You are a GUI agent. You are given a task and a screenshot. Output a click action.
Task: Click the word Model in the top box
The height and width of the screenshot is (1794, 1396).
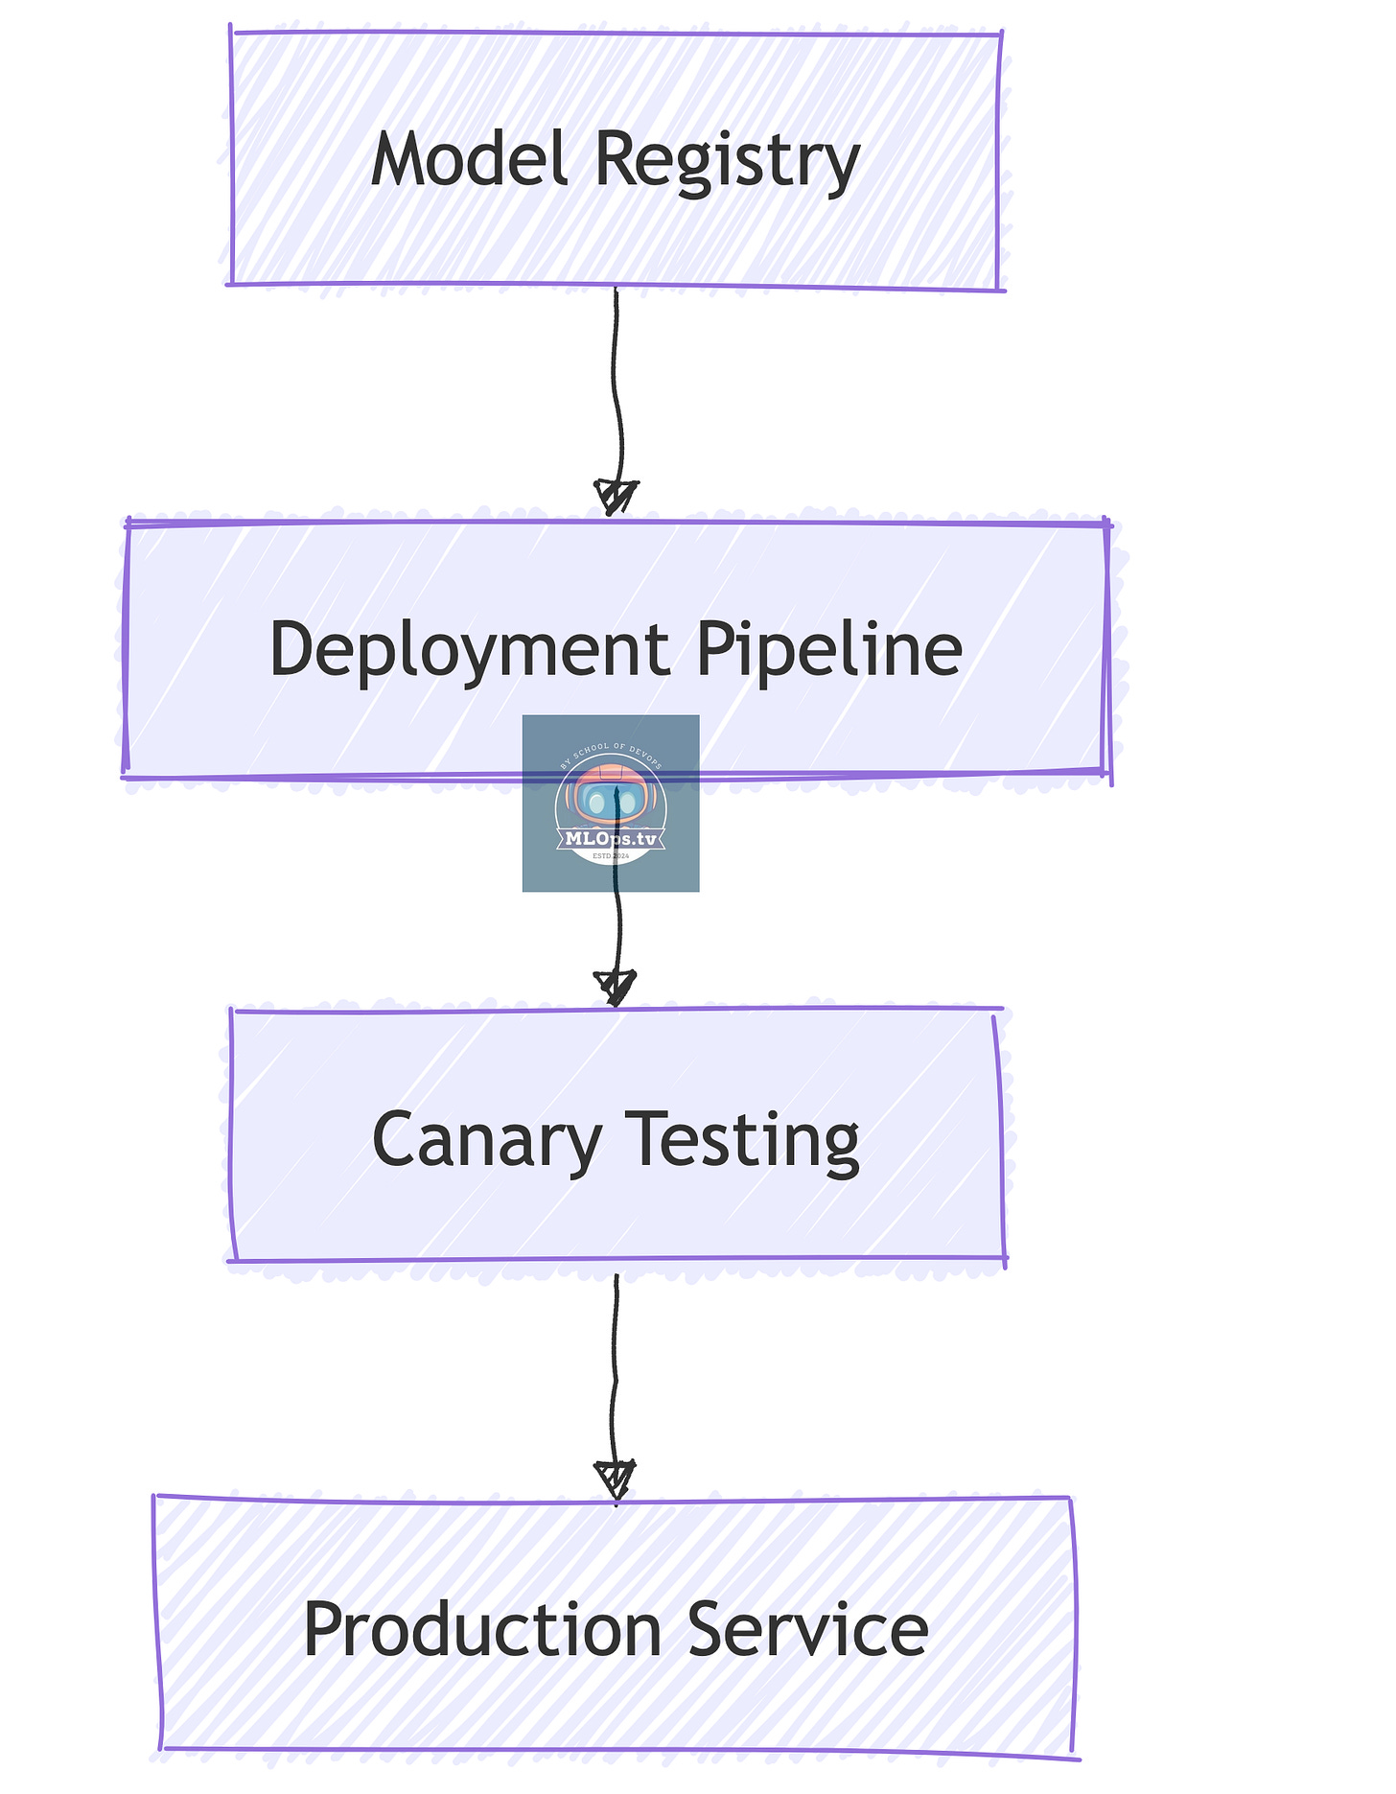[469, 159]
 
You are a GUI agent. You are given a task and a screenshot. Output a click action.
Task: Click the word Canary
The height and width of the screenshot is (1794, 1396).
[486, 1140]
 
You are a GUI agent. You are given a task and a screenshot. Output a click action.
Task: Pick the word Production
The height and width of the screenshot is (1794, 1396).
[482, 1630]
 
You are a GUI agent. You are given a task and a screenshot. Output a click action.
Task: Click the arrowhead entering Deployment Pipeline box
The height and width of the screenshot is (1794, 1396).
[616, 498]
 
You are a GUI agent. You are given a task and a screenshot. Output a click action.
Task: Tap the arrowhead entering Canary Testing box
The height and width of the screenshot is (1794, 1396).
[616, 987]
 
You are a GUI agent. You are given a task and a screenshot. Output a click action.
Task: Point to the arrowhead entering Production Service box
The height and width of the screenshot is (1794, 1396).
[616, 1478]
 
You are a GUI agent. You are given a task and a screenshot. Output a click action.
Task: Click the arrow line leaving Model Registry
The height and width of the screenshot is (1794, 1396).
[617, 384]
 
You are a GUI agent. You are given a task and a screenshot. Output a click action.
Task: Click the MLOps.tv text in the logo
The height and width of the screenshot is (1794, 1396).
[611, 838]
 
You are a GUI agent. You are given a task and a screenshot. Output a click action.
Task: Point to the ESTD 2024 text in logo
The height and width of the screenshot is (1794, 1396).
[611, 855]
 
